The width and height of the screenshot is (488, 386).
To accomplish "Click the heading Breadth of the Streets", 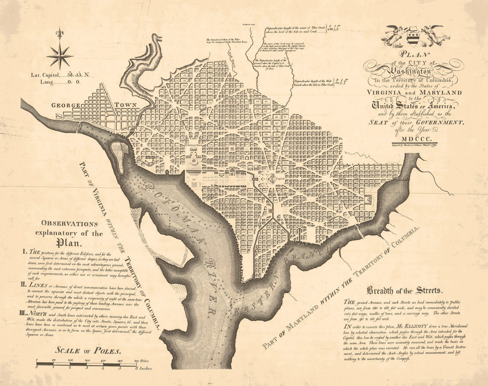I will (404, 290).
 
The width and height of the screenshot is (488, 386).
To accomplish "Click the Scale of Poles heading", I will (88, 350).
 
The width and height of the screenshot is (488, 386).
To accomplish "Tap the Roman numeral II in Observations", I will (25, 285).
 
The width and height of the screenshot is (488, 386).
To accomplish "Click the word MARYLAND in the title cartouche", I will (440, 92).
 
